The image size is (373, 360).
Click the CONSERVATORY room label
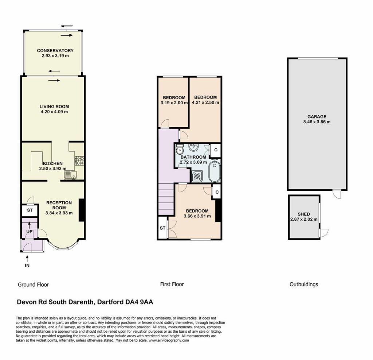click(x=55, y=50)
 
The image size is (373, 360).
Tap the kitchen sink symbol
click(x=70, y=175)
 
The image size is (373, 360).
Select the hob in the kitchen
click(x=79, y=161)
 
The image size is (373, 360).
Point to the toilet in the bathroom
click(x=180, y=150)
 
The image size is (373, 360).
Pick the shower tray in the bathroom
click(x=197, y=176)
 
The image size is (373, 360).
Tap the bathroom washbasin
click(x=194, y=147)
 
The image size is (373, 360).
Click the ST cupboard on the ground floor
click(x=30, y=210)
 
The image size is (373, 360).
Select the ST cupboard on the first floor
click(x=162, y=228)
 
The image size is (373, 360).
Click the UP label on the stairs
click(x=29, y=232)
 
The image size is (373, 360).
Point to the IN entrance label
click(x=27, y=266)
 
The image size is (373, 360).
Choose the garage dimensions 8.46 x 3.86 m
click(x=317, y=122)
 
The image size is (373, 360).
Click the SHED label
click(x=304, y=214)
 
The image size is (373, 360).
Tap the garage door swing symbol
click(x=337, y=194)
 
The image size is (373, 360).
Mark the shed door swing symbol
click(x=324, y=233)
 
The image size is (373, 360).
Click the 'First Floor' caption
click(x=172, y=284)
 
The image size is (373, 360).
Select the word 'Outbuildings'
click(x=304, y=284)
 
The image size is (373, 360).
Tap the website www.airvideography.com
click(x=169, y=340)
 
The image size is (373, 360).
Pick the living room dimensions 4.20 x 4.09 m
click(x=54, y=112)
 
